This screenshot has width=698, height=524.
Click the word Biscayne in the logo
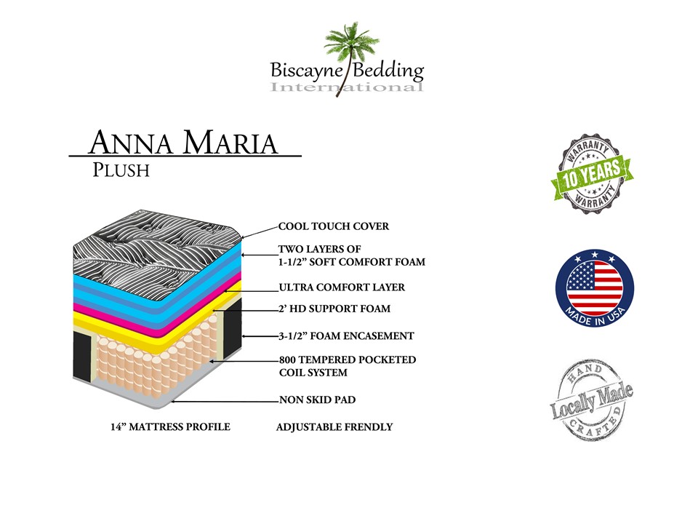pyautogui.click(x=306, y=71)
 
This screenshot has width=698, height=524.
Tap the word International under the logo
pyautogui.click(x=346, y=87)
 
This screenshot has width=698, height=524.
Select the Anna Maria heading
pyautogui.click(x=183, y=143)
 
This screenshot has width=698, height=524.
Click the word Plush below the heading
pyautogui.click(x=121, y=170)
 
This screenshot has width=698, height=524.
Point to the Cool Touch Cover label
pyautogui.click(x=334, y=226)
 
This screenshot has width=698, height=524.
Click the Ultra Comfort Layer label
pyautogui.click(x=342, y=287)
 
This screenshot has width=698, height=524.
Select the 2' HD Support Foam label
pyautogui.click(x=334, y=309)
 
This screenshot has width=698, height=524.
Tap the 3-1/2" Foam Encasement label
pyautogui.click(x=346, y=336)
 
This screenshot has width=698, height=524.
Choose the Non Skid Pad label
pyautogui.click(x=318, y=400)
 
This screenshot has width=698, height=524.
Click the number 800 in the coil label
pyautogui.click(x=287, y=360)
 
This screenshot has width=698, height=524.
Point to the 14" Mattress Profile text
pyautogui.click(x=170, y=427)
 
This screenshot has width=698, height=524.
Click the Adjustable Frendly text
pyautogui.click(x=334, y=427)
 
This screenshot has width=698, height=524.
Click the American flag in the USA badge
pyautogui.click(x=594, y=282)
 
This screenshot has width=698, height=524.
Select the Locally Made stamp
pyautogui.click(x=592, y=400)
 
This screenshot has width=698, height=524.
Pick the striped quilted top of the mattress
pyautogui.click(x=156, y=250)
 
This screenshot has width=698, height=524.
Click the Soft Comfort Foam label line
pyautogui.click(x=352, y=262)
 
